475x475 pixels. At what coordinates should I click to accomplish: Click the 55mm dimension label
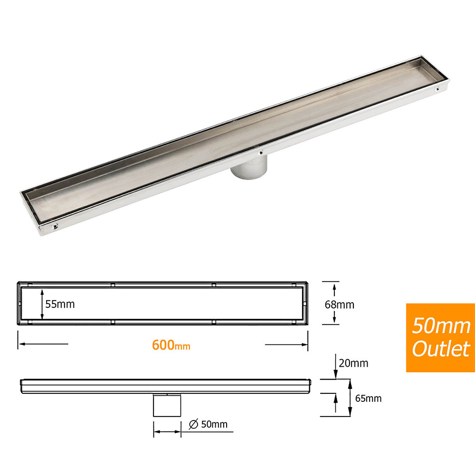coord(60,304)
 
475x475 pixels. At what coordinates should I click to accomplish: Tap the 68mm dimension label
coord(340,304)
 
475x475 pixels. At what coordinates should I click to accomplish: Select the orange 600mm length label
coord(171,345)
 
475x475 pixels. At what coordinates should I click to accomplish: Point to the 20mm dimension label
coord(354,363)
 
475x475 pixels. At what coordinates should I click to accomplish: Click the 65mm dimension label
coord(368,398)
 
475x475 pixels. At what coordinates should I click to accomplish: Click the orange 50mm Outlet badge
coord(440,338)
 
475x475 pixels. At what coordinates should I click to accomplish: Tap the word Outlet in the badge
coord(440,349)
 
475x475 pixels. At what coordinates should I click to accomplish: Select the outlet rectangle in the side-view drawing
coord(167,405)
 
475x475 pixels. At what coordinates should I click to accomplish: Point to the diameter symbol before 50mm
coord(193,424)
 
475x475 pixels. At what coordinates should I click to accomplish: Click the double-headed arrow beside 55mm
coord(42,304)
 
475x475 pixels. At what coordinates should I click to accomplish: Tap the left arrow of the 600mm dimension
coord(43,344)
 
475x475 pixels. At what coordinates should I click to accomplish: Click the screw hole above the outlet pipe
coord(260,153)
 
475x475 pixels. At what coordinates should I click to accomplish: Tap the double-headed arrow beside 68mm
coord(335,303)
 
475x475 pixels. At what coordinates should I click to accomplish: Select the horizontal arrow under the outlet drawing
coord(167,432)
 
